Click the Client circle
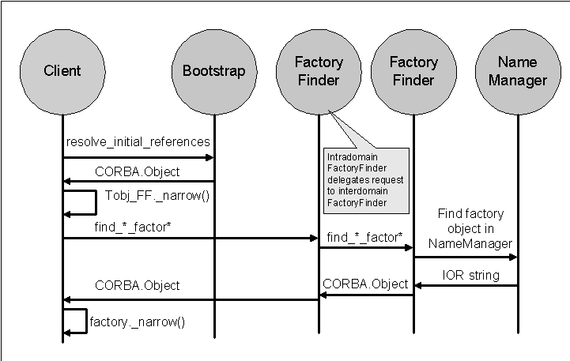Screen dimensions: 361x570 tap(62, 71)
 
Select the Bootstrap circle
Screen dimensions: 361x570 tap(213, 71)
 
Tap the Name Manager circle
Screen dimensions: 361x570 tap(518, 71)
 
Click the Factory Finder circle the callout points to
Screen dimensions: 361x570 tap(319, 71)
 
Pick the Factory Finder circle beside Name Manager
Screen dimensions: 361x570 tap(413, 71)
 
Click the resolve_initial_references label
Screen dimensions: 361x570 tap(138, 142)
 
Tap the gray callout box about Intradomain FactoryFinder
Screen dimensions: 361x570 tap(364, 179)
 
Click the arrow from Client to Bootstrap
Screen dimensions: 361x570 tap(138, 157)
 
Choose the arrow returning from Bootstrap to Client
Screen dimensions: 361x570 tap(138, 181)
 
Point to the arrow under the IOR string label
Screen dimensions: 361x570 tap(466, 285)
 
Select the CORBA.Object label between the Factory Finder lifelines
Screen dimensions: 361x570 tap(365, 284)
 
